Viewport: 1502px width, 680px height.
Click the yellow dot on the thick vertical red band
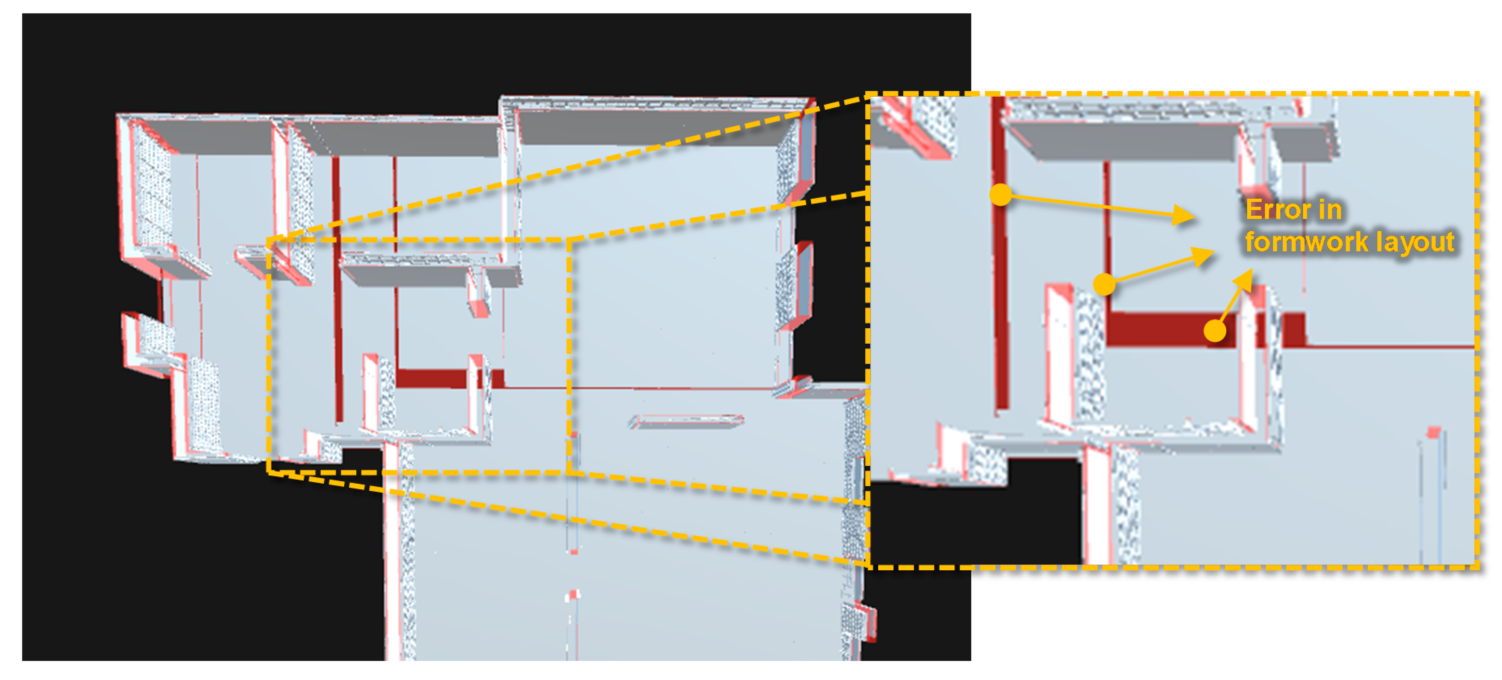coord(1000,194)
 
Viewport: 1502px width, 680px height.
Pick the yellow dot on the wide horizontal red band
coord(1214,331)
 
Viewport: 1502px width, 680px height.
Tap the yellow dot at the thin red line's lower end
coord(1104,284)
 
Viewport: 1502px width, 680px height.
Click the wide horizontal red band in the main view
coord(449,378)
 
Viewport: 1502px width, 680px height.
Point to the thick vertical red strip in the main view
coord(337,289)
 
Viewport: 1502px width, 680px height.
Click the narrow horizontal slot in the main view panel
coord(686,422)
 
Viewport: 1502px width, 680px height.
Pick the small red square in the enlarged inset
coord(1433,433)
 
